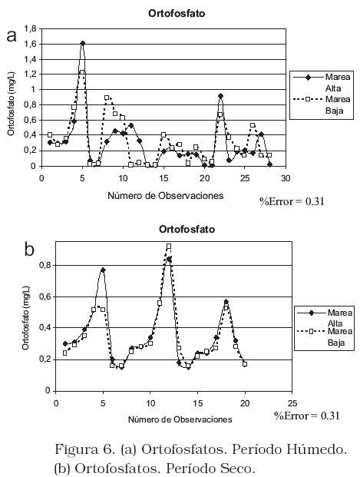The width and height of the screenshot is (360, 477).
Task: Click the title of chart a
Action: pyautogui.click(x=177, y=14)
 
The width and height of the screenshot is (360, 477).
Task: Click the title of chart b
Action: pyautogui.click(x=187, y=229)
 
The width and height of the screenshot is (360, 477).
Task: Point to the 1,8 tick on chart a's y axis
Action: pyautogui.click(x=30, y=29)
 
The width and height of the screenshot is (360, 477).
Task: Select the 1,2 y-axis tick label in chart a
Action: pyautogui.click(x=30, y=75)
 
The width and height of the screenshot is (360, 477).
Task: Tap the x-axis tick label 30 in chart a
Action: pyautogui.click(x=286, y=178)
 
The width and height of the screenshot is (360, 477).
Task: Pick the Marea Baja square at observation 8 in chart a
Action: pyautogui.click(x=107, y=98)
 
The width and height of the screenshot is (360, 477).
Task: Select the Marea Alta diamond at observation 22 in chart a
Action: pyautogui.click(x=221, y=96)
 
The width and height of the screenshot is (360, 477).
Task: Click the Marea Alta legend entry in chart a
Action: pyautogui.click(x=322, y=82)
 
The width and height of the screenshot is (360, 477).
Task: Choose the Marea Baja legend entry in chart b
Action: pyautogui.click(x=325, y=336)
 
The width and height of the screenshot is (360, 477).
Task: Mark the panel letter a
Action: pyautogui.click(x=12, y=36)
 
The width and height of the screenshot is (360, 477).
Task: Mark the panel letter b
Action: pyautogui.click(x=29, y=250)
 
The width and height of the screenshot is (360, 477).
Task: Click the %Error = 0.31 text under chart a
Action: pyautogui.click(x=292, y=201)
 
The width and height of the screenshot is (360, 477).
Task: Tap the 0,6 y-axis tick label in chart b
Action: pyautogui.click(x=45, y=296)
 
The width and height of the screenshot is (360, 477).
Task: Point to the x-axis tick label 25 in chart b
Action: pyautogui.click(x=292, y=404)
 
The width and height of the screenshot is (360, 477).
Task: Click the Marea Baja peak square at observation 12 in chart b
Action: pyautogui.click(x=169, y=246)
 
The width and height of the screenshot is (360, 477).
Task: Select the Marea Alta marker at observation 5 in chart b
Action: pyautogui.click(x=103, y=270)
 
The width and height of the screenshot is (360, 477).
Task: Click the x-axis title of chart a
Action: pyautogui.click(x=166, y=196)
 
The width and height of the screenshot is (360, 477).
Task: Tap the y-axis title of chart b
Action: pyautogui.click(x=25, y=318)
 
